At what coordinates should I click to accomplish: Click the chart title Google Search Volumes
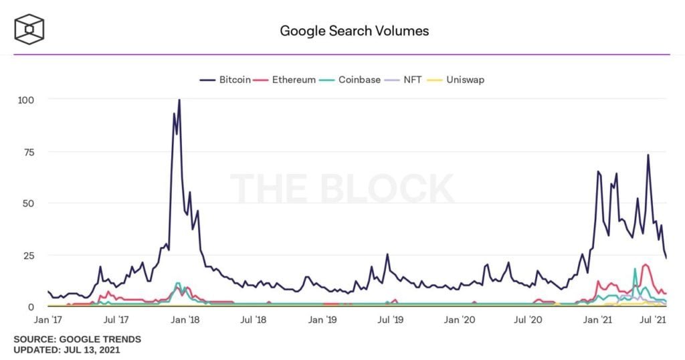[354, 31]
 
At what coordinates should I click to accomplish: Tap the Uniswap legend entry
[462, 80]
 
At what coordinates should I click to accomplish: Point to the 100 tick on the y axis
[25, 99]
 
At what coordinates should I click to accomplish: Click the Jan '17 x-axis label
[49, 321]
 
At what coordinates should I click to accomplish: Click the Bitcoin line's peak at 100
[179, 100]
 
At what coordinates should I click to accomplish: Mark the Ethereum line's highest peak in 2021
[646, 264]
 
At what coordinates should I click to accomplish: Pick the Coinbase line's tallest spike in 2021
[635, 269]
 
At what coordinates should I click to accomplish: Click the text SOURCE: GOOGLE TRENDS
[78, 340]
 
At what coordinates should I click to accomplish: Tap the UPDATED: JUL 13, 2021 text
[67, 350]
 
